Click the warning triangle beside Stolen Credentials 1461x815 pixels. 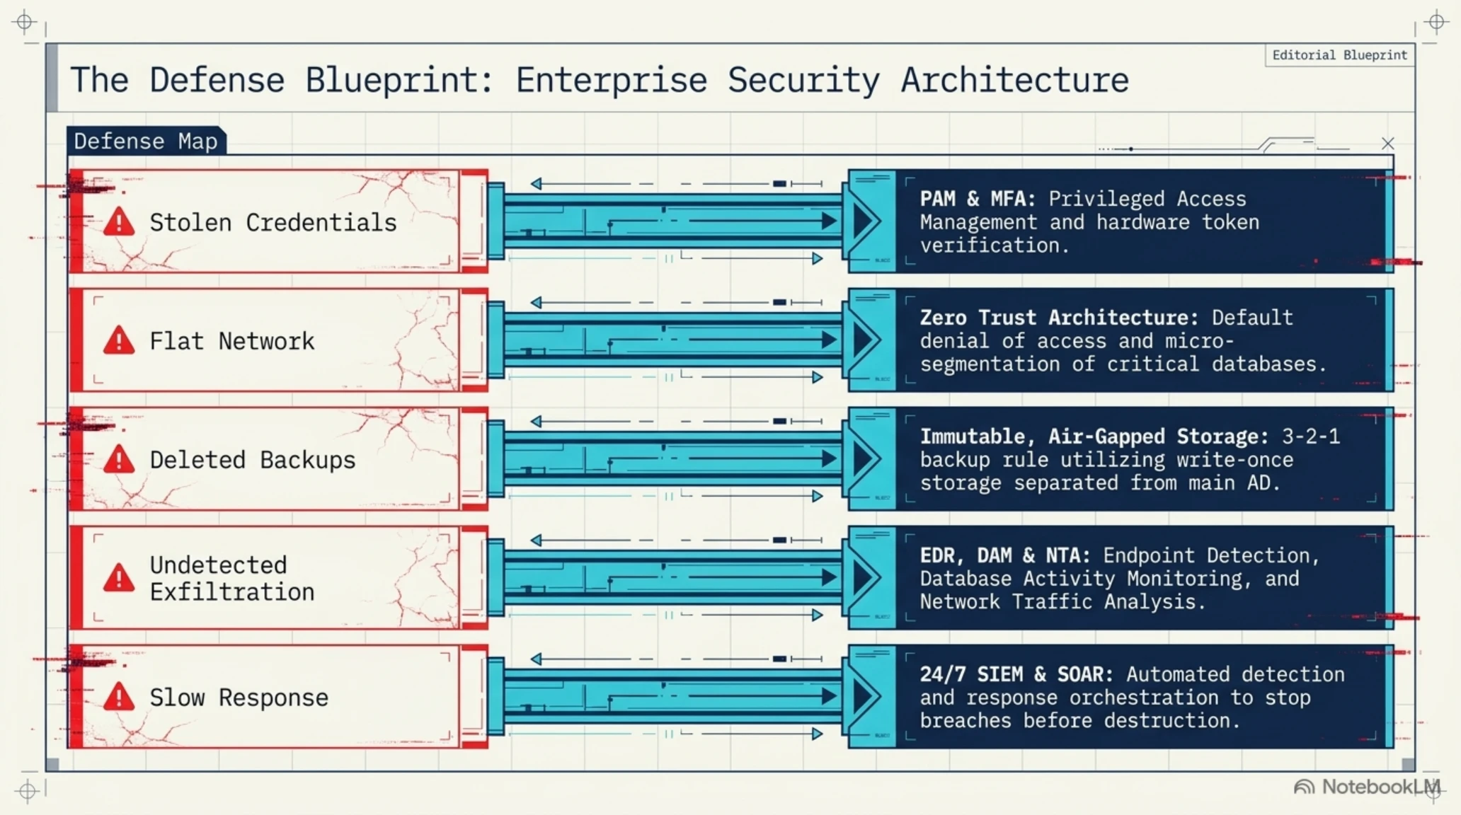[119, 222]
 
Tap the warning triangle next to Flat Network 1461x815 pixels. [119, 341]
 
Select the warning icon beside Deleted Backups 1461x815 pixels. [119, 460]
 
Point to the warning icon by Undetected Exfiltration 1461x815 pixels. [119, 578]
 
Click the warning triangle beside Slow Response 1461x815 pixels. [119, 697]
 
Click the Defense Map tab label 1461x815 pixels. [146, 141]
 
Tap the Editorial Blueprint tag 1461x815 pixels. [1339, 55]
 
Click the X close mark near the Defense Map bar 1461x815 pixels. [1387, 144]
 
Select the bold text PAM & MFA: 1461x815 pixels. [978, 199]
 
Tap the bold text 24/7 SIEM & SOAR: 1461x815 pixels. [1016, 674]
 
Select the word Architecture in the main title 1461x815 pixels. [1014, 80]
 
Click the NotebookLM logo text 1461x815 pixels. [1380, 787]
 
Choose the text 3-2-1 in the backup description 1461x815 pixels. [1311, 437]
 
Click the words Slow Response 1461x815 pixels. [239, 698]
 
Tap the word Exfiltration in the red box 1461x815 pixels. [232, 591]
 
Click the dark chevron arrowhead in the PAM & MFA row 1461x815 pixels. [865, 221]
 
